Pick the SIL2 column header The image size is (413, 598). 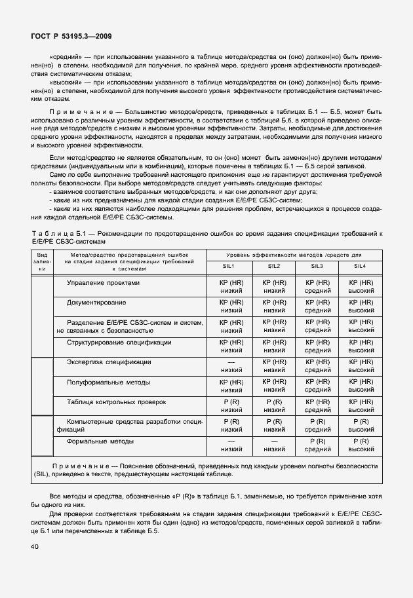tap(274, 266)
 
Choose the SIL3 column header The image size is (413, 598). tap(317, 266)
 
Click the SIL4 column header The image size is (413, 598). tap(360, 266)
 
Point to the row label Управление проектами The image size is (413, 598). tap(103, 282)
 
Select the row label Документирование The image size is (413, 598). tap(96, 302)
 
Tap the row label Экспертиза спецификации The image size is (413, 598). tap(109, 362)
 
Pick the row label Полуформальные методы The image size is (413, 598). tap(108, 382)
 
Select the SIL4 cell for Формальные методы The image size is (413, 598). tap(360, 445)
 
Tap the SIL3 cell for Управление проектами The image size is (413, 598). tap(317, 286)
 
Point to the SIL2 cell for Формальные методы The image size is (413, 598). tap(274, 445)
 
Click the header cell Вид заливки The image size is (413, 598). tap(41, 261)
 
